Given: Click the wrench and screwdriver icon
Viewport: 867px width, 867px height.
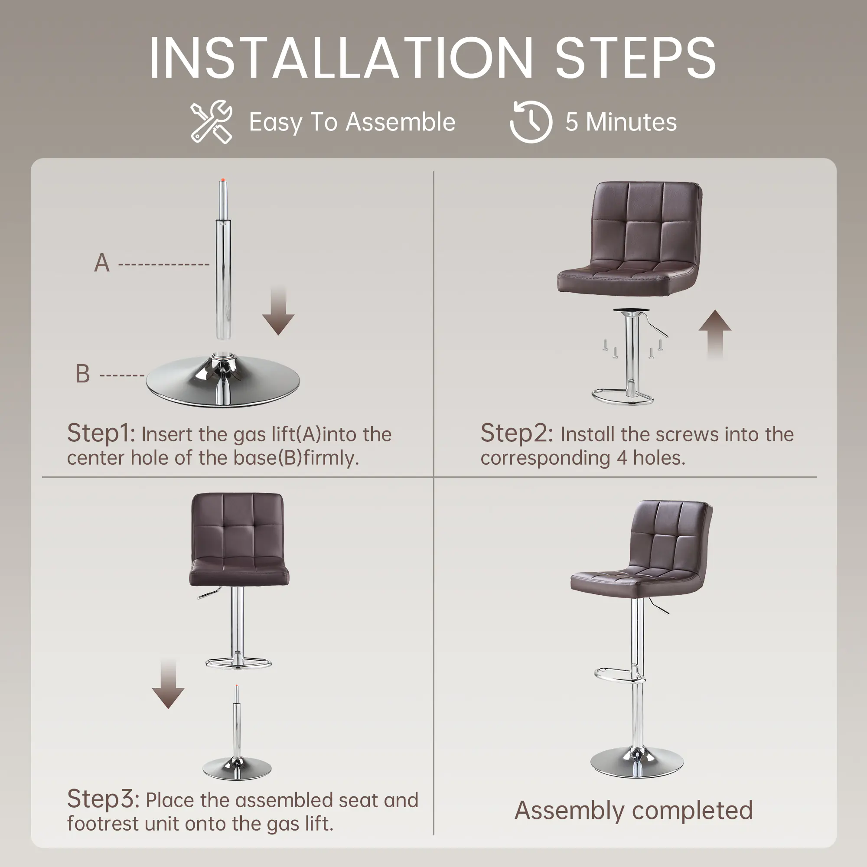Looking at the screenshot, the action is coord(212,122).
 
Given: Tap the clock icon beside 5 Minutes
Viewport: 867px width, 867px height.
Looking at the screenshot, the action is coord(531,122).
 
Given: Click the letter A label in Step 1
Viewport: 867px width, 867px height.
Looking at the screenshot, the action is coord(102,263).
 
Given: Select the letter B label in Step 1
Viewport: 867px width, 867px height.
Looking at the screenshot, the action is coord(82,373).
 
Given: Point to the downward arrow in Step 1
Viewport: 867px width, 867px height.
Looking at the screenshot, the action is coord(278,310).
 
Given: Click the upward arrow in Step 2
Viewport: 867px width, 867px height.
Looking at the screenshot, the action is coord(715,334).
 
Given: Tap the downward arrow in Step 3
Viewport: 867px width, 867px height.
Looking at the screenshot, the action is coord(168,684).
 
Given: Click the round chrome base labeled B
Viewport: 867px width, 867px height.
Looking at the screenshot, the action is coord(223,381).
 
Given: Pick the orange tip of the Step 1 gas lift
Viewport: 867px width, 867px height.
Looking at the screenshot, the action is coord(222,180).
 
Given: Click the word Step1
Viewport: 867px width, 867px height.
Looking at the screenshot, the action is coord(101,433).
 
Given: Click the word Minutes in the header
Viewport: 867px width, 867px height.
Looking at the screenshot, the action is coord(631,122).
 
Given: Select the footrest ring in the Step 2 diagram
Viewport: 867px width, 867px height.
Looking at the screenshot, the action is coord(623,397).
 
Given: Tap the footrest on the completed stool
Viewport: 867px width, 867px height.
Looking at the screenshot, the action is coord(615,673).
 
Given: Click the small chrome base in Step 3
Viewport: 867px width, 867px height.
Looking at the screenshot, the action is coord(237,769).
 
